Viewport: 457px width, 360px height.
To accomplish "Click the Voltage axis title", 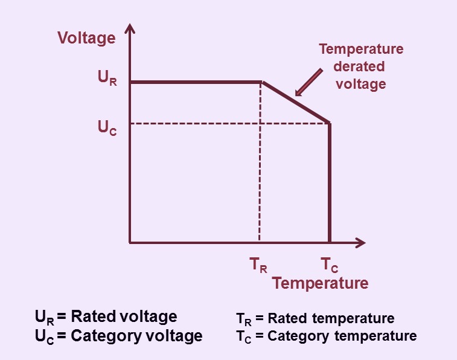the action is coord(86,39).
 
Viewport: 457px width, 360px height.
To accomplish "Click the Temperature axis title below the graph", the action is coord(321,283).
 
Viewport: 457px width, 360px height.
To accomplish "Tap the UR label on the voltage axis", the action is coord(107,78).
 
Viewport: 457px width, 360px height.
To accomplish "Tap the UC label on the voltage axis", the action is coord(107,128).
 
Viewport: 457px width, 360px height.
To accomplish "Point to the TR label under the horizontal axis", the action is coord(258,265).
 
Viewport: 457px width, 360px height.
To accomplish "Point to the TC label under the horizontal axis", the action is coord(330,265).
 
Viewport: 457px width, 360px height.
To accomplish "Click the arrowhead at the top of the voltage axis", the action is coord(130,28).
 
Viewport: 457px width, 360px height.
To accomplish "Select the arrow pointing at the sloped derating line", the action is coord(308,83).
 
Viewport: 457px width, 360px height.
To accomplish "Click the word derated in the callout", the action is coord(359,66).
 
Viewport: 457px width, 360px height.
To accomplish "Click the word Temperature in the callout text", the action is coord(361,49).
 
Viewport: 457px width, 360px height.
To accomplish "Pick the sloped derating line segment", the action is coord(296,102).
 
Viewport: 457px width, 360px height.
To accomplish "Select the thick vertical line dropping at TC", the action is coord(330,183).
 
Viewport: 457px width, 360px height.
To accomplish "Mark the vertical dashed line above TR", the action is coord(260,162).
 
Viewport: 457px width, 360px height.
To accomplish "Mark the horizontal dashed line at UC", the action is coord(229,124).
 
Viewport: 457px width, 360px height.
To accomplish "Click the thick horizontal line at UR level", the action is coord(196,83).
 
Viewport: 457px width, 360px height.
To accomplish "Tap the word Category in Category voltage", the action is coord(106,336).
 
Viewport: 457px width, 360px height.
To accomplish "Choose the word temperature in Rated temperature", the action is coord(353,318).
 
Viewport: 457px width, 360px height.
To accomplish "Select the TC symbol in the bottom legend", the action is coord(243,337).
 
